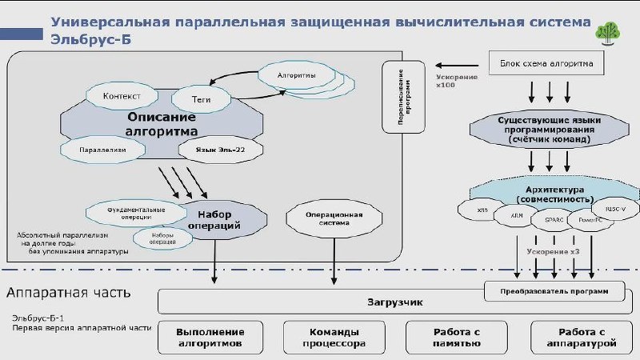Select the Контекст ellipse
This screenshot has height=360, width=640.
tap(122, 96)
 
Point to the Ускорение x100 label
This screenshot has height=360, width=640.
tap(458, 82)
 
